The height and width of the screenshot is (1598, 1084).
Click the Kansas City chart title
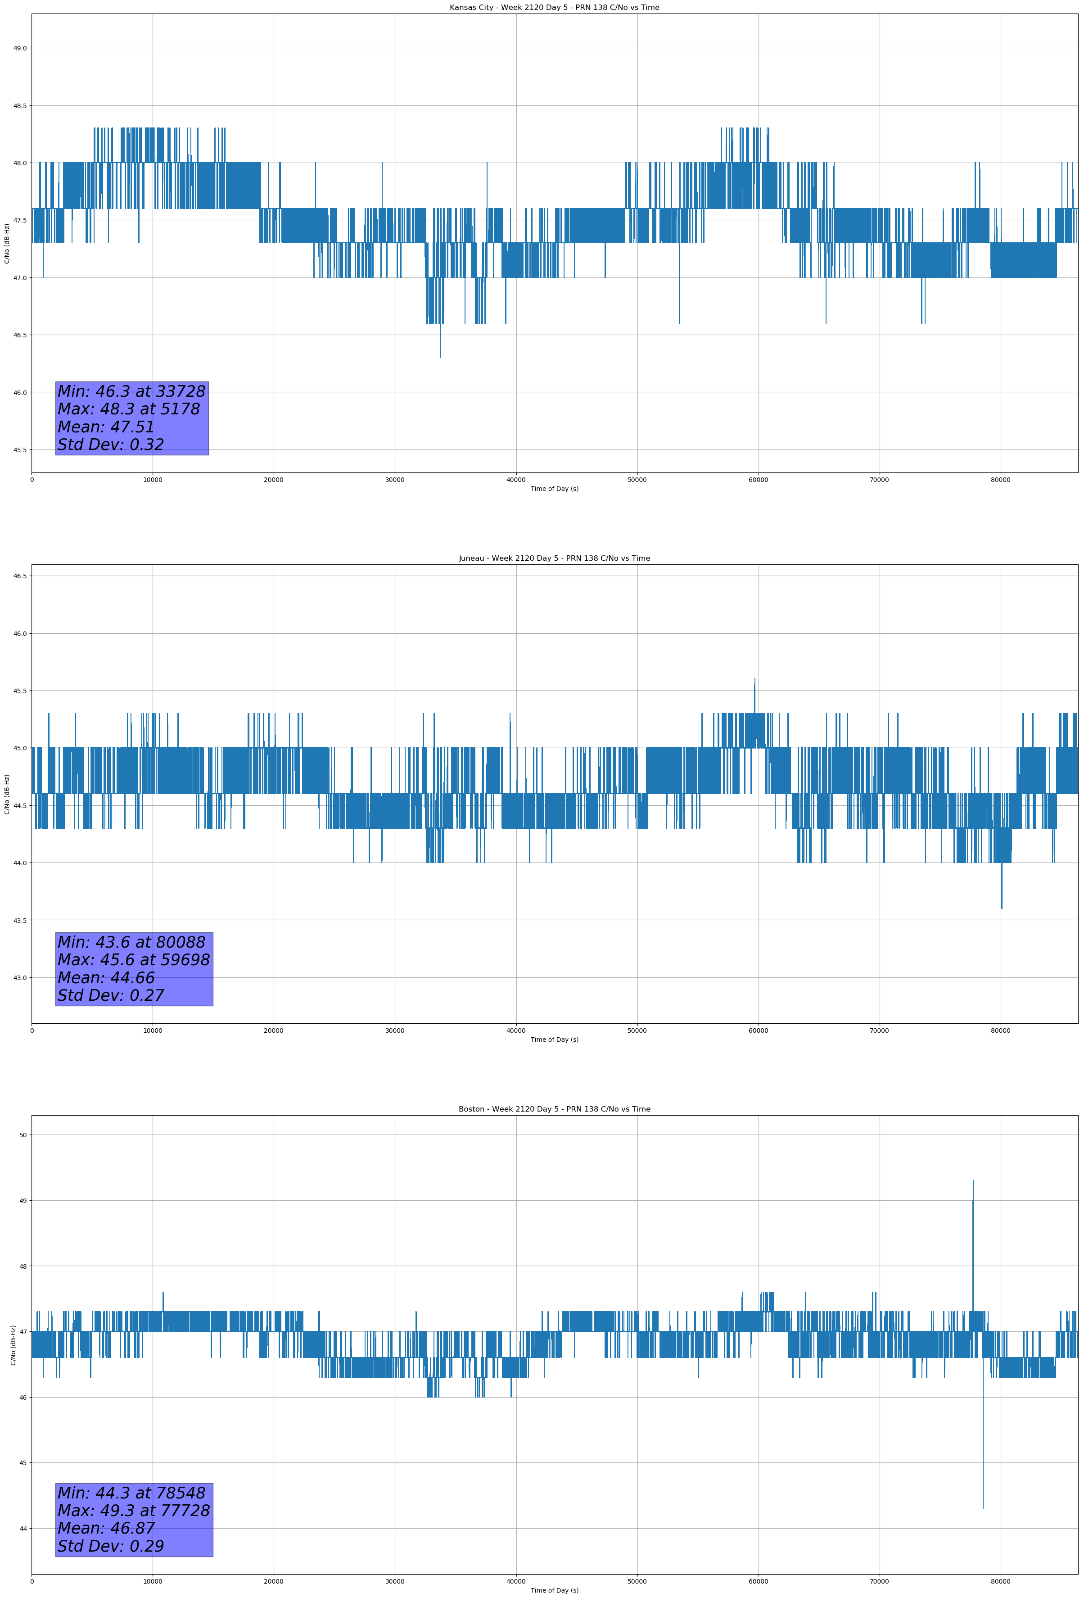pos(554,8)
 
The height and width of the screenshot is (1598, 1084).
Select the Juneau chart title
pos(554,558)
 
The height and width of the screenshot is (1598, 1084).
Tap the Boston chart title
pos(554,1109)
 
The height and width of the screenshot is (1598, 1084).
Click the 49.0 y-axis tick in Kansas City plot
pos(20,48)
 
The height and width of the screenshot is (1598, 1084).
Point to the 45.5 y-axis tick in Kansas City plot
pos(20,449)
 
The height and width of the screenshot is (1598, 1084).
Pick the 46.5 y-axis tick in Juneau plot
pos(20,576)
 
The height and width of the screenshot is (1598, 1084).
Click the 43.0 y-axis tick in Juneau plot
pos(20,978)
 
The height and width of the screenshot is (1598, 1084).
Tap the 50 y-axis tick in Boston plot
pos(23,1135)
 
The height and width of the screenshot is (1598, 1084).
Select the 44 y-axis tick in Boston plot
pos(23,1529)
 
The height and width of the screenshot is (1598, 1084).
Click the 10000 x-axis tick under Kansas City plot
pos(153,480)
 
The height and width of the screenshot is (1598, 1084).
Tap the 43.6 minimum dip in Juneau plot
pos(1002,907)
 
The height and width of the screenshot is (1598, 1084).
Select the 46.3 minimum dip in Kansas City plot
pos(440,356)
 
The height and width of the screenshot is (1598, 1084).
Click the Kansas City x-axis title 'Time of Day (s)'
pos(554,489)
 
